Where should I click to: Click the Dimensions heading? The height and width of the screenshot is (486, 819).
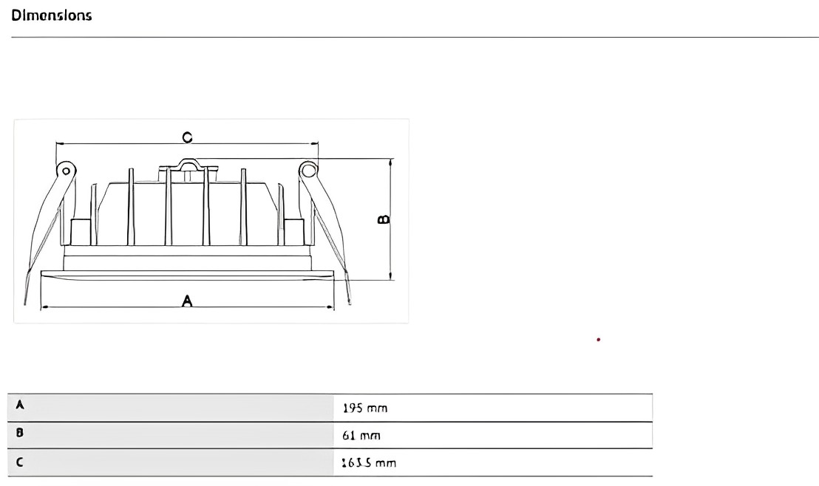[52, 15]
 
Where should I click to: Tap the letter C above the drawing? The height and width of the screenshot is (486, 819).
[187, 137]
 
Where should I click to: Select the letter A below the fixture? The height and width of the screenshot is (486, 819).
[187, 300]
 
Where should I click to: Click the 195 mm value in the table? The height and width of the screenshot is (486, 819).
[365, 408]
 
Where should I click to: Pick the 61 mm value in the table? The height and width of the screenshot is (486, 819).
[361, 436]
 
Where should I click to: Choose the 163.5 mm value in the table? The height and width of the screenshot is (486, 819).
[369, 463]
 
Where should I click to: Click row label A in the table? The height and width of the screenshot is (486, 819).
[20, 405]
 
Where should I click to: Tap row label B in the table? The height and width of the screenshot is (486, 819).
[20, 434]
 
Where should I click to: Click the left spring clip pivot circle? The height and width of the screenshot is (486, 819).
[66, 171]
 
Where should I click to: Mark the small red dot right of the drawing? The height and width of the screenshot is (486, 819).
[598, 340]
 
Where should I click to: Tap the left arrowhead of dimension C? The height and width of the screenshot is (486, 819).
[59, 144]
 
